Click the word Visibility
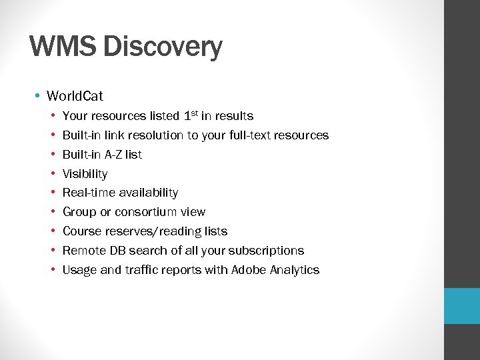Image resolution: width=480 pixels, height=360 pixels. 85,174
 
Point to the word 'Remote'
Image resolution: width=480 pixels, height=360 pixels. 83,251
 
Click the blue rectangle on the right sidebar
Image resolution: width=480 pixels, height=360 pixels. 462,306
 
